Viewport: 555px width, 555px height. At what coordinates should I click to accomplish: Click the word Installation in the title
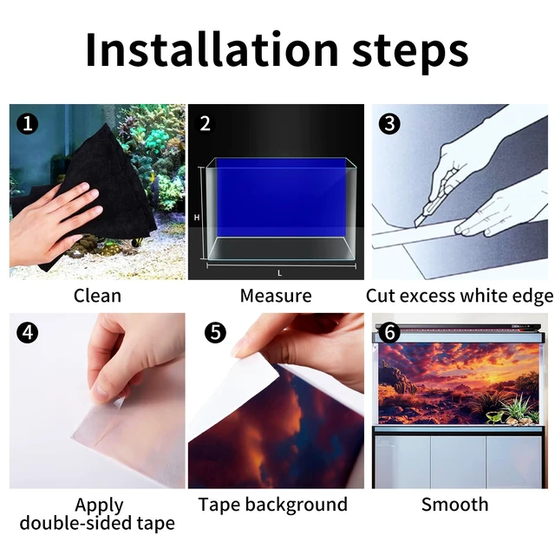point(212,49)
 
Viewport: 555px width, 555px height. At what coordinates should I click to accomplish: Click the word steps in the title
point(410,52)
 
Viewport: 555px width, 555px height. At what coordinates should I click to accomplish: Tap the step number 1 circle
point(27,123)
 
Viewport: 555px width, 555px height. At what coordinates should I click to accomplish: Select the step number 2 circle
point(206,123)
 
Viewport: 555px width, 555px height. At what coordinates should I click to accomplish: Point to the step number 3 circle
point(389,123)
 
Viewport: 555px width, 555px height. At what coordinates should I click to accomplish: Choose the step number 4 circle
point(27,332)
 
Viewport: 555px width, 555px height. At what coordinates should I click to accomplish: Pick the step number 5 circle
point(215,332)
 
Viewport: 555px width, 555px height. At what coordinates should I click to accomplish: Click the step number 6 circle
point(389,332)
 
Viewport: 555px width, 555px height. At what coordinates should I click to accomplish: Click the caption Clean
point(97,296)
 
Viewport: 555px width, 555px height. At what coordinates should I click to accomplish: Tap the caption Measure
point(276,296)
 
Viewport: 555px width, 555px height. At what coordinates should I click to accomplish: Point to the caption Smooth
point(454,504)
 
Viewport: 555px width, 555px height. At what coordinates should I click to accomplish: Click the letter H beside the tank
point(197,218)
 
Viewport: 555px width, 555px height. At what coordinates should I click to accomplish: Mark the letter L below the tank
point(279,273)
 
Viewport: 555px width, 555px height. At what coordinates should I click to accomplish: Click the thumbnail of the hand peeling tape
point(97,401)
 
